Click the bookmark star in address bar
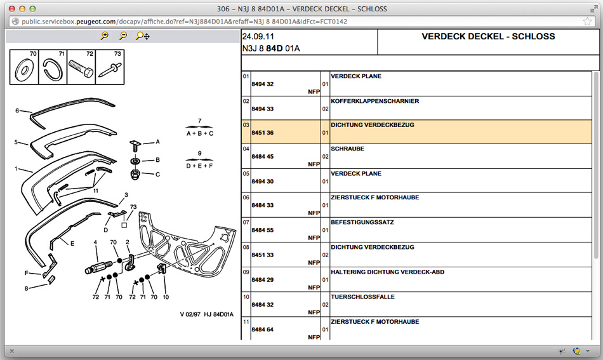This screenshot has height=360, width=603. coord(588,21)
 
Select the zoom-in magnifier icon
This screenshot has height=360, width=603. coord(105,36)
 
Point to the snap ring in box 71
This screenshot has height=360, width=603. coord(53,68)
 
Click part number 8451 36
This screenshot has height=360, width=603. coord(262,133)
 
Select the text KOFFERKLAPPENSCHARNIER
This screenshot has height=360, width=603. coord(374,101)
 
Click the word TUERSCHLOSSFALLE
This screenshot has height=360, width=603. coord(362,297)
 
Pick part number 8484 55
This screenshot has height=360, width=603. coord(262,230)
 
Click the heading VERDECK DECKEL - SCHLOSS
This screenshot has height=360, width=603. coord(488,37)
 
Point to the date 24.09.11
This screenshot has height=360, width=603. coord(255,37)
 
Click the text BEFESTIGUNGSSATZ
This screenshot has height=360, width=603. coord(363,222)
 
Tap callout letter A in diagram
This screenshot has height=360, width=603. coord(158,142)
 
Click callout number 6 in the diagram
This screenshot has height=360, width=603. coord(17,110)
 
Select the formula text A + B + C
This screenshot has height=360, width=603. coord(199,133)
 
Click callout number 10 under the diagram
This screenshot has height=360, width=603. coord(166,297)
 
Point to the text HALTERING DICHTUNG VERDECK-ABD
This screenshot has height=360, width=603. coord(387,272)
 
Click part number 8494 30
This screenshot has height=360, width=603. coord(262,182)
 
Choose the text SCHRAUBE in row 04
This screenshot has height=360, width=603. coord(347,149)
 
